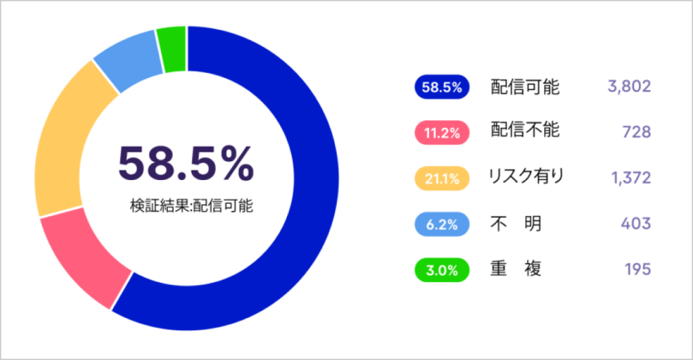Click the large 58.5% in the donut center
(186, 164)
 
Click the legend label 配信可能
(525, 87)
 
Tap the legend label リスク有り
(526, 177)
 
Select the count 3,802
(629, 87)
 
